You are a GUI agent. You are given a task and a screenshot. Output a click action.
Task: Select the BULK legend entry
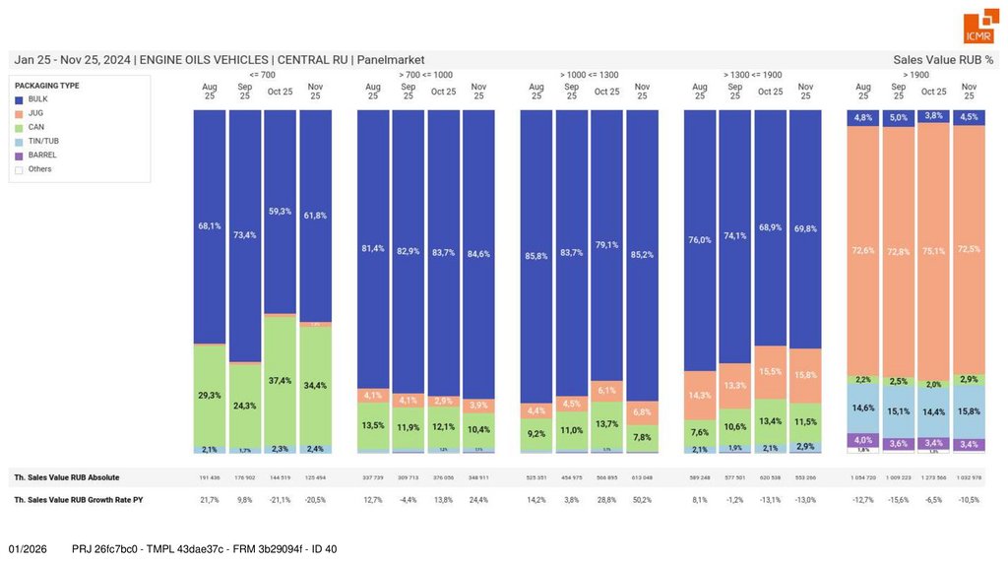[x=36, y=99]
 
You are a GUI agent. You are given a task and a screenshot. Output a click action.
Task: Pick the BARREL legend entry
[x=41, y=155]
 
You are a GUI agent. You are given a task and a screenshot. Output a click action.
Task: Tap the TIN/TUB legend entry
[x=43, y=141]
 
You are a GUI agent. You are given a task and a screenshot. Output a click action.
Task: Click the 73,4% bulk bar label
[x=245, y=235]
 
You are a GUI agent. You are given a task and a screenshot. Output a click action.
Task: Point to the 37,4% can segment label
[x=281, y=381]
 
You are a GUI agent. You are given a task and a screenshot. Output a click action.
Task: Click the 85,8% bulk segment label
[x=536, y=256]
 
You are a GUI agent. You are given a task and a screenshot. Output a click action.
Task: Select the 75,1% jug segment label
[x=933, y=251]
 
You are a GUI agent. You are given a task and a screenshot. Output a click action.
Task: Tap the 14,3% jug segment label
[x=700, y=396]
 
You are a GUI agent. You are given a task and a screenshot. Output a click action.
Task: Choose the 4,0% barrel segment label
[x=863, y=440]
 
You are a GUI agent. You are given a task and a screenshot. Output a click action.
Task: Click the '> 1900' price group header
[x=915, y=75]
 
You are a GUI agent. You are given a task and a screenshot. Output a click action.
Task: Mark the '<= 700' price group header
[x=262, y=75]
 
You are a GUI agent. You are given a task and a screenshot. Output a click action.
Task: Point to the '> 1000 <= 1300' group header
[x=589, y=75]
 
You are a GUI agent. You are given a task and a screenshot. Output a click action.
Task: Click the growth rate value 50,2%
[x=642, y=500]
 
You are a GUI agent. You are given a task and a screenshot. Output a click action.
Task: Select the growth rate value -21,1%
[x=281, y=500]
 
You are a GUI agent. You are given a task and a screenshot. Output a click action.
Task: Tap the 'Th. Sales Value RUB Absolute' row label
[x=67, y=477]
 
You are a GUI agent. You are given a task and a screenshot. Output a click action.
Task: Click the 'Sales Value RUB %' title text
[x=943, y=60]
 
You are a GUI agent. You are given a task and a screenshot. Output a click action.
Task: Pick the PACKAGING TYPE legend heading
[x=47, y=86]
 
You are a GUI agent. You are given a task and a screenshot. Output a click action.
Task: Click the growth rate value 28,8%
[x=607, y=500]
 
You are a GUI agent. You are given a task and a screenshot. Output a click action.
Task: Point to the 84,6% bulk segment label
[x=478, y=254]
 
